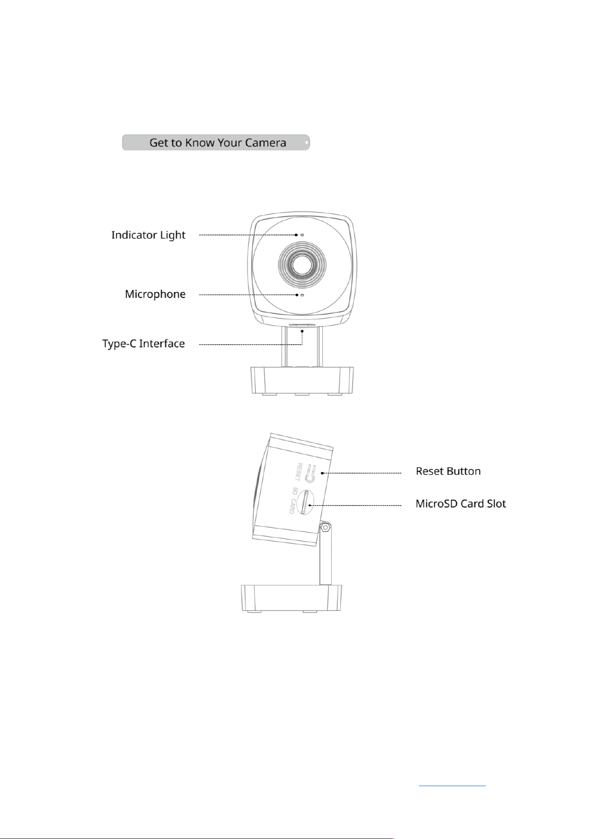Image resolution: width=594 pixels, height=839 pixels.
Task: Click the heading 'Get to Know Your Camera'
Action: click(x=218, y=143)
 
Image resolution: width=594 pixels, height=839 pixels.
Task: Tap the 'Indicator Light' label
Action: click(x=148, y=235)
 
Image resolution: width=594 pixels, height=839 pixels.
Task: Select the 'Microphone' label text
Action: click(x=155, y=294)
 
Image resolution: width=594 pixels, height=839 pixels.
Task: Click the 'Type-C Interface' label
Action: click(x=144, y=344)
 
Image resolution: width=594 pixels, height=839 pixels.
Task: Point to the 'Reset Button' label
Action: click(x=448, y=471)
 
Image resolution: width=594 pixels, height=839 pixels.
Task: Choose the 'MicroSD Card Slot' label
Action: click(x=461, y=503)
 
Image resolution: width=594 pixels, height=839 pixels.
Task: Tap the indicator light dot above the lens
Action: click(x=301, y=235)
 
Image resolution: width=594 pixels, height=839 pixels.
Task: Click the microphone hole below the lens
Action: click(x=301, y=295)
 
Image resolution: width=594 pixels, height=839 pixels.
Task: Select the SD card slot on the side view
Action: click(x=306, y=502)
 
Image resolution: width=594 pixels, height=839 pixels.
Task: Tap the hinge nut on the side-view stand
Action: click(x=325, y=528)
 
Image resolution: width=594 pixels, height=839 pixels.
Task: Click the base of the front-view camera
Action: click(x=301, y=381)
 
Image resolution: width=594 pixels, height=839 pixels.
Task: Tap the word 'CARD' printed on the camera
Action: click(x=293, y=506)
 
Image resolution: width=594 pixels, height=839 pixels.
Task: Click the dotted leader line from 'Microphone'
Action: click(x=248, y=295)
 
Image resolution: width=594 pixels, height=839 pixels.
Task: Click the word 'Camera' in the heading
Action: click(x=263, y=143)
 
